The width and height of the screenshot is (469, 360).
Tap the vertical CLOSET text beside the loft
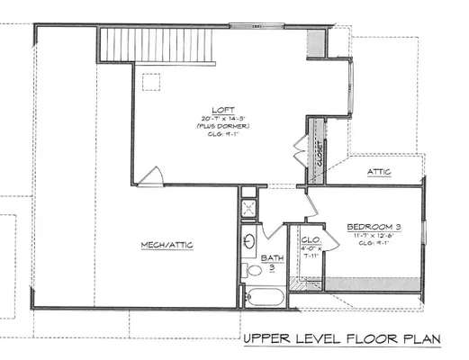(x=318, y=141)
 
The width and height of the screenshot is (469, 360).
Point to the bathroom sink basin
(x=249, y=242)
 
